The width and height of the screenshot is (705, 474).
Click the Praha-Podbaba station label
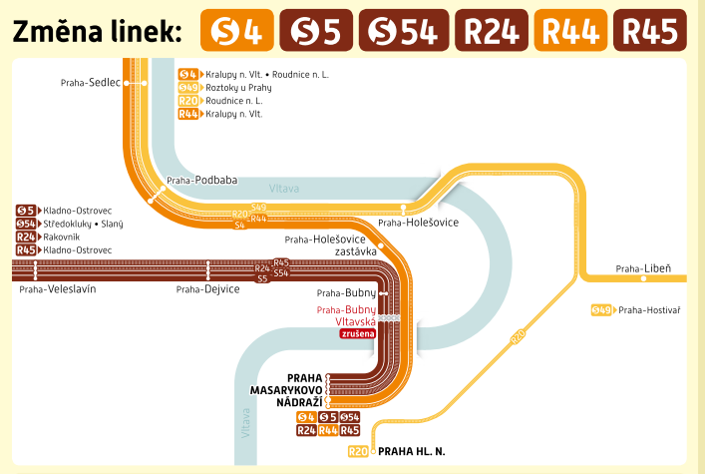(x=201, y=181)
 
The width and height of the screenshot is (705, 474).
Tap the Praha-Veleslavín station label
(x=57, y=289)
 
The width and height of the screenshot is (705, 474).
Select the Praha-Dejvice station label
(x=207, y=289)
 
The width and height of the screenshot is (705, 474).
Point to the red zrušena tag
(x=357, y=334)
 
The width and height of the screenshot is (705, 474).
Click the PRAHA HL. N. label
(x=412, y=451)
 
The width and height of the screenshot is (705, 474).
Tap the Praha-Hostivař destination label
(x=649, y=310)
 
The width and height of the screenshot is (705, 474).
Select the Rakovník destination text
(x=63, y=237)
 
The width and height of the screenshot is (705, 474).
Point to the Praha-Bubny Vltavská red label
(x=347, y=316)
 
